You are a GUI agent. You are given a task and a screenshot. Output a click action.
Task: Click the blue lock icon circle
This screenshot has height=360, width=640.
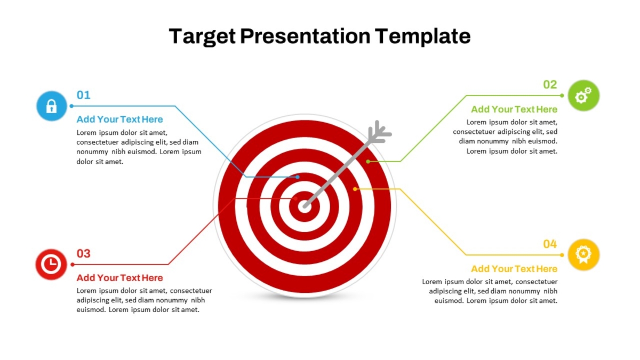tap(52, 106)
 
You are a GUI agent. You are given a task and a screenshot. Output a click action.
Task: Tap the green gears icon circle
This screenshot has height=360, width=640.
tap(583, 95)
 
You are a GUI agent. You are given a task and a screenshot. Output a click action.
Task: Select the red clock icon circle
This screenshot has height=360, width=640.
tap(51, 265)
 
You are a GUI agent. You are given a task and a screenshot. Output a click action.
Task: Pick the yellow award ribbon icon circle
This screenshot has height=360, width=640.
tap(583, 255)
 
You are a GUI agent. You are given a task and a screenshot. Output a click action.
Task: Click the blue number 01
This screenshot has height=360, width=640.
tap(83, 95)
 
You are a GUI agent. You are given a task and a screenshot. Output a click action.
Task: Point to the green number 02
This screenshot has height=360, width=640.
tap(550, 85)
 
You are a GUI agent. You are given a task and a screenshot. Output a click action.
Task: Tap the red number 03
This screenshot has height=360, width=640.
tap(83, 253)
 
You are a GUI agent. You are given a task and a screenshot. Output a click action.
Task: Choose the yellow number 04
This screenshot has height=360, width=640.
tap(550, 244)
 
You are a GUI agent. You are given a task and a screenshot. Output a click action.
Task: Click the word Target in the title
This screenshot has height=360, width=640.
tap(202, 37)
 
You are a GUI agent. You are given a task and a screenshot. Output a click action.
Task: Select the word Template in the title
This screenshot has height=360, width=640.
tap(422, 37)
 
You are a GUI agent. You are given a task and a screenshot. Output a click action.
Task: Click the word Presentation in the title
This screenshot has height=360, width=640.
tap(305, 36)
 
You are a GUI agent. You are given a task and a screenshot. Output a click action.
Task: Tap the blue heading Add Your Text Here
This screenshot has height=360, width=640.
tap(119, 119)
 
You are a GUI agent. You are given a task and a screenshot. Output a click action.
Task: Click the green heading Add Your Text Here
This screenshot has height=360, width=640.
tap(514, 109)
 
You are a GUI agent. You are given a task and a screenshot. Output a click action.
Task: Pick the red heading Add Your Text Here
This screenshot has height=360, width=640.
tap(119, 278)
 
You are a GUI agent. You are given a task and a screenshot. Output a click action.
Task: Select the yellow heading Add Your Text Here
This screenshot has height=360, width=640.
tap(514, 269)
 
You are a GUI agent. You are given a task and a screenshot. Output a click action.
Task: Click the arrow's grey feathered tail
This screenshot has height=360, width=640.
tap(379, 133)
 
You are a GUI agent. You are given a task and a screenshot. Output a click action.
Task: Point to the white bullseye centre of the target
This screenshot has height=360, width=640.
tap(304, 206)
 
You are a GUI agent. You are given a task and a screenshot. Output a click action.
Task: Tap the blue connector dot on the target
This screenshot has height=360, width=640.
tap(298, 177)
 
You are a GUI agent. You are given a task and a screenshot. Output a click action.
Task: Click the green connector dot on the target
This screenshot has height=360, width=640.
tap(368, 162)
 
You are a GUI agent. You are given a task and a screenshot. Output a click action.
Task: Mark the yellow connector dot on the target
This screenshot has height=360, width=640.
tap(355, 189)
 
